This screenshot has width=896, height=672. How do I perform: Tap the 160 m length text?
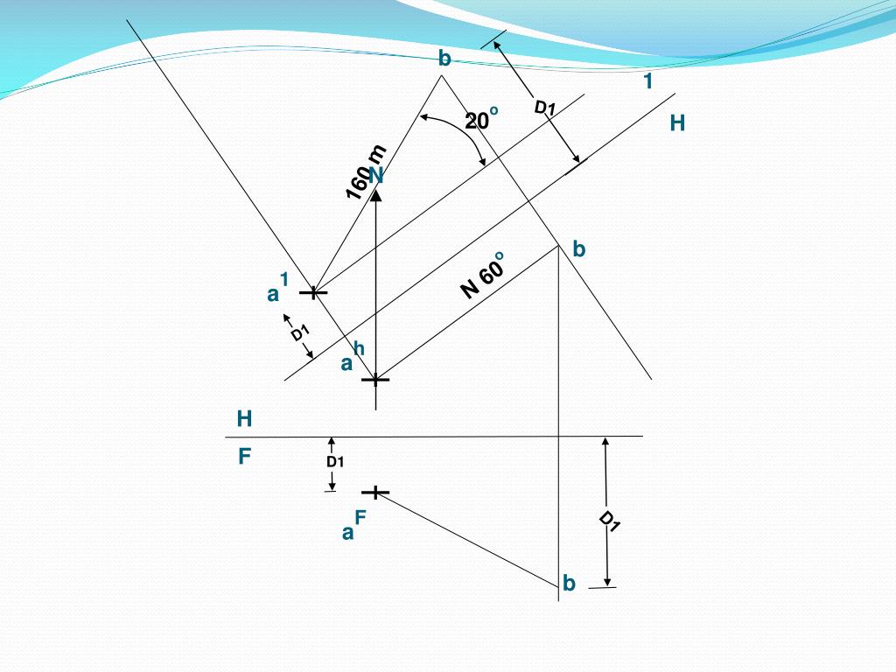click(365, 171)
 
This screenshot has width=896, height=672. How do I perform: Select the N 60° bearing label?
click(483, 275)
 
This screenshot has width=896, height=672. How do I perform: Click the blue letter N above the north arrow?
click(376, 176)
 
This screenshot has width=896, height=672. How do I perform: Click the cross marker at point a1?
click(313, 291)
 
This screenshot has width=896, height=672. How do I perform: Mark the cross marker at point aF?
click(375, 493)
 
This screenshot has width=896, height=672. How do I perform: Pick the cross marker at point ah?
click(375, 380)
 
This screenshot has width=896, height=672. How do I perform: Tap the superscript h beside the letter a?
click(359, 349)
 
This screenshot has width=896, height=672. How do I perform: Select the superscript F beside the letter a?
click(360, 518)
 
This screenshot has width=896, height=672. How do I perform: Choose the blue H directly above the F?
click(244, 419)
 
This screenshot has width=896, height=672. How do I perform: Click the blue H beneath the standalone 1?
click(677, 123)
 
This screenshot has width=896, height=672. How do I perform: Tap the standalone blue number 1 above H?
click(648, 82)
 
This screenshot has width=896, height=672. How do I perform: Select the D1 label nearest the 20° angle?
click(545, 108)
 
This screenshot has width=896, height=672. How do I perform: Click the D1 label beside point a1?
click(300, 333)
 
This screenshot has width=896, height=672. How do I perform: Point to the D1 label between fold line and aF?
click(335, 461)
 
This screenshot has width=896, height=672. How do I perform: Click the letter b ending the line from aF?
click(569, 583)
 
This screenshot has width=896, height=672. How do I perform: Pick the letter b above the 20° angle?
click(444, 59)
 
